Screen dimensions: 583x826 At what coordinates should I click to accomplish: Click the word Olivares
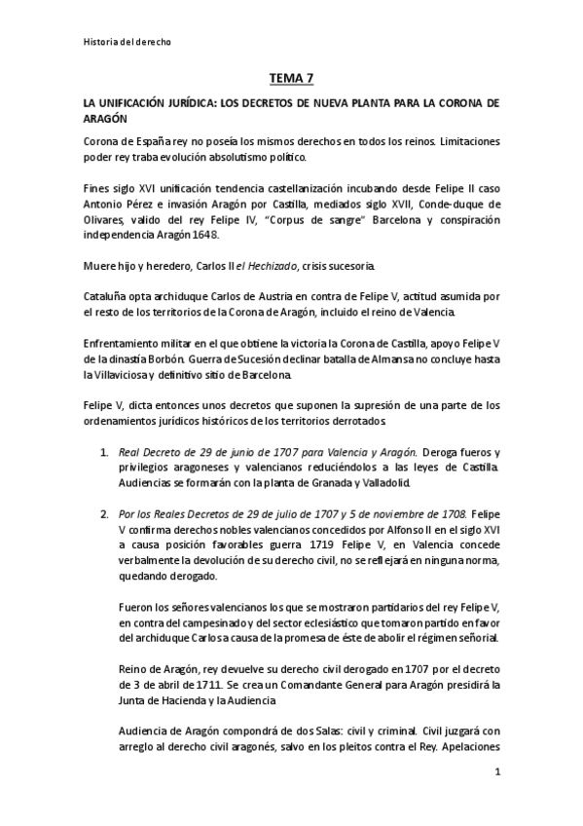(x=106, y=219)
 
